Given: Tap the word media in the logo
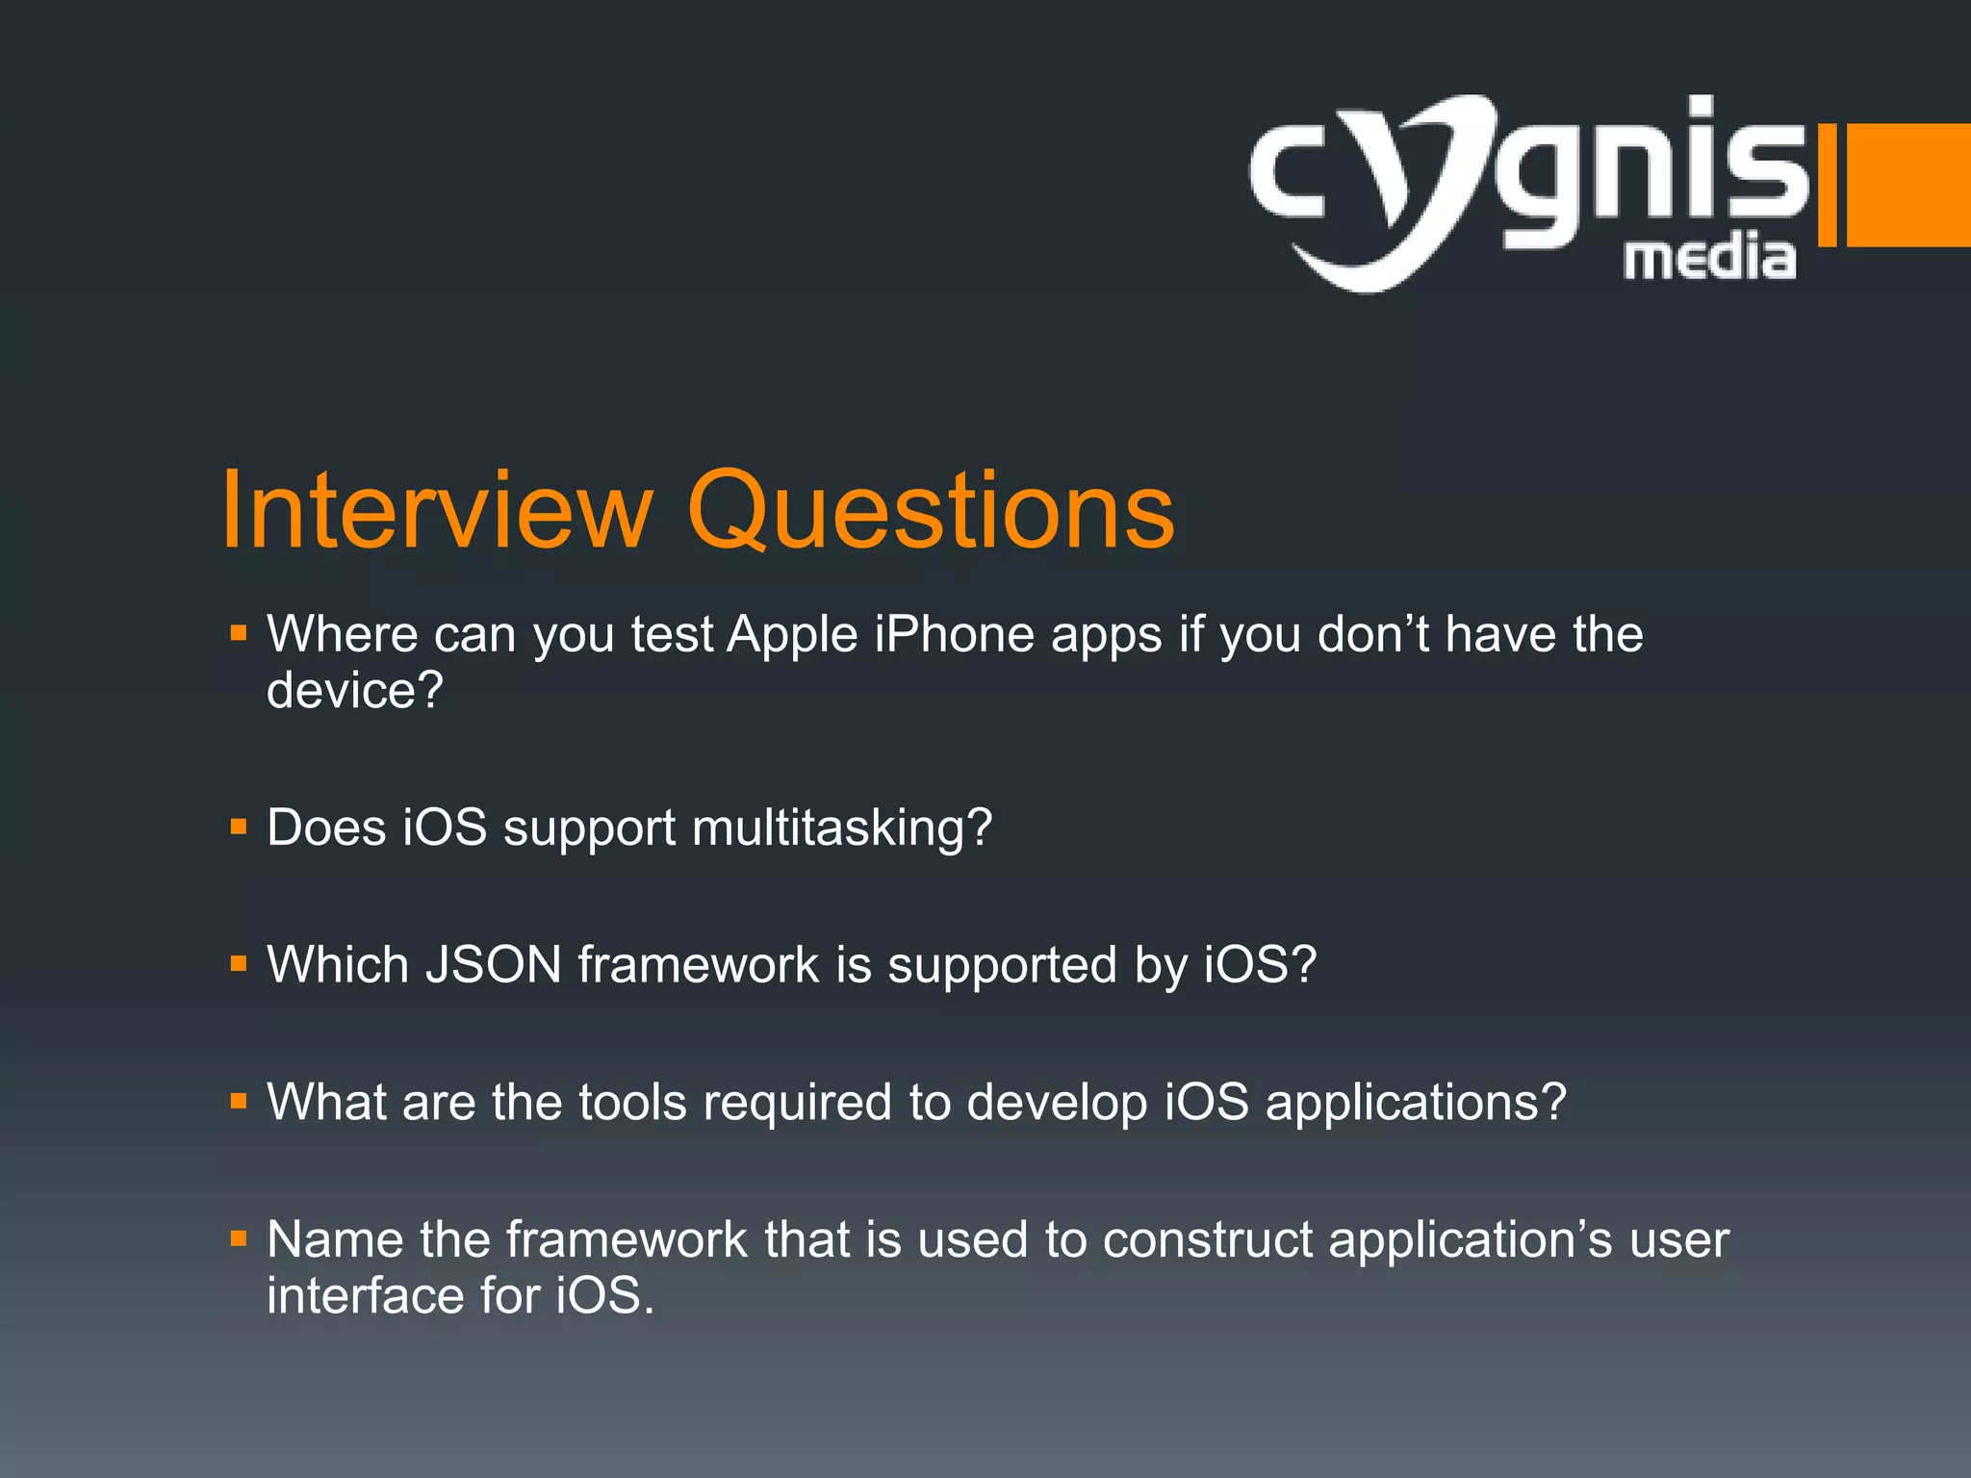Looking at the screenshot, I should [x=1710, y=258].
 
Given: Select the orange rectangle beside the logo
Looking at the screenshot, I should [x=1907, y=184].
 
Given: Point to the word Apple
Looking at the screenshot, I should [x=792, y=635].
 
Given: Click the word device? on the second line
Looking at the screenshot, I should [x=355, y=691].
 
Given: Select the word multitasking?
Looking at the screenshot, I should [x=842, y=828].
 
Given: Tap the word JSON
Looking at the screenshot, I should [x=493, y=964].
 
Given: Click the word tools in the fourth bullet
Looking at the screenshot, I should [x=632, y=1102].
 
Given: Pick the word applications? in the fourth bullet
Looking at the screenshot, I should [x=1416, y=1103].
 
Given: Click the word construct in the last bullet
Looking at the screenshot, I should [x=1208, y=1239].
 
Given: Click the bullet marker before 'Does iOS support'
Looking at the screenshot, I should [x=239, y=827].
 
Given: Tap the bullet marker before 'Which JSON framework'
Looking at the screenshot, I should [x=239, y=963].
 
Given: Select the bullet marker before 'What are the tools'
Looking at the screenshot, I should [x=239, y=1101].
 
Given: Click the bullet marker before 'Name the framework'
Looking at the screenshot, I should [x=239, y=1238].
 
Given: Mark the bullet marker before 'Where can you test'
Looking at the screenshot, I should [x=239, y=634].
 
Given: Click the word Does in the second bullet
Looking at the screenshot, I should [x=326, y=828].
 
